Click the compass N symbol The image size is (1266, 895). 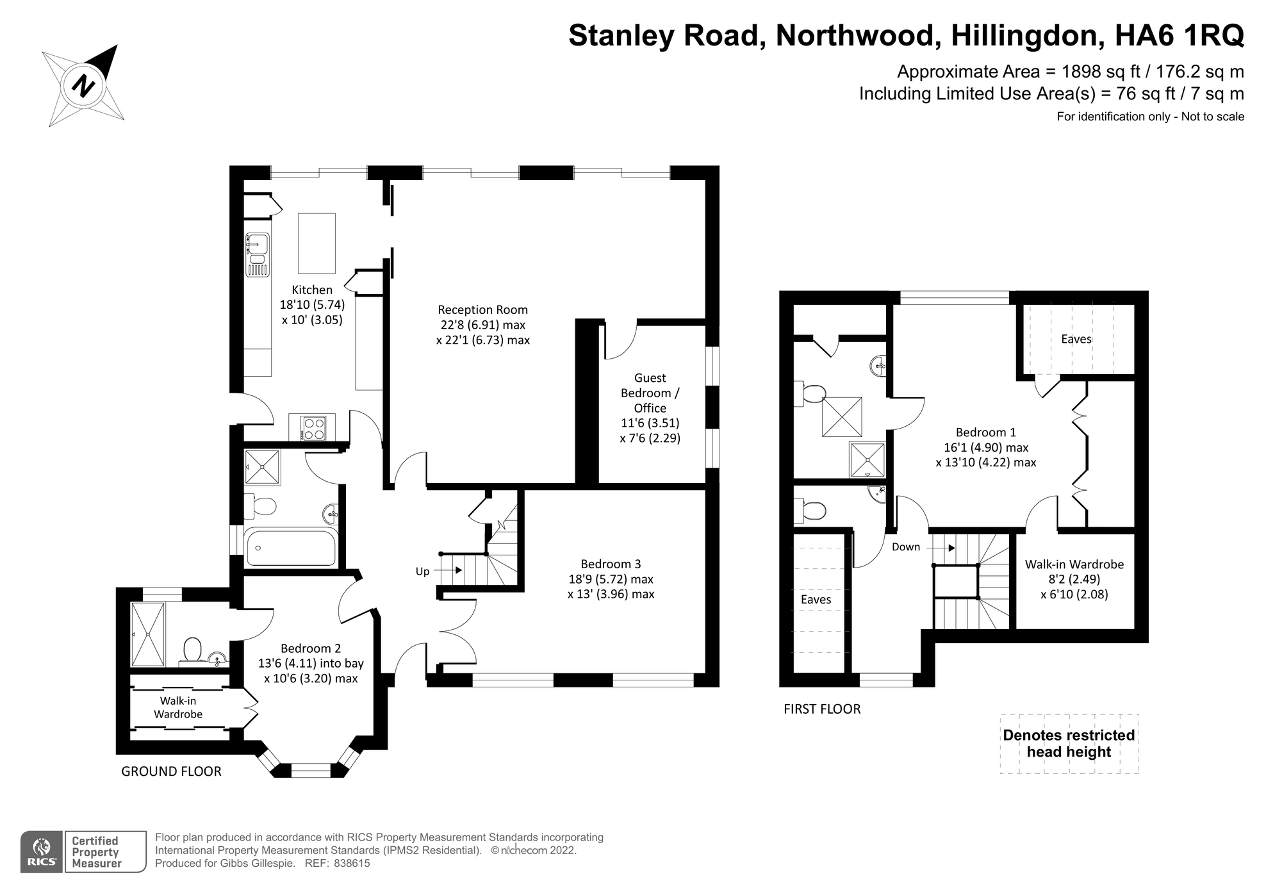coord(83,85)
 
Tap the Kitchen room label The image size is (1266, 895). coord(312,290)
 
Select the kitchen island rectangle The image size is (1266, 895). coord(316,243)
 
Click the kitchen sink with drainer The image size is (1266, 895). coord(258,254)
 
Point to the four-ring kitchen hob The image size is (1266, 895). coord(314,428)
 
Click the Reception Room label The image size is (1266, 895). coord(482,309)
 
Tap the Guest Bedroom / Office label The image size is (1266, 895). coord(650,393)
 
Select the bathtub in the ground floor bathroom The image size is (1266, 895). coord(291,548)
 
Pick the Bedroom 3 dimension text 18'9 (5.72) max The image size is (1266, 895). coord(611,579)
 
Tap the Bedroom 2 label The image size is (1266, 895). coord(311,648)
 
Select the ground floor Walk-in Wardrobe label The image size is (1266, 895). coord(177,707)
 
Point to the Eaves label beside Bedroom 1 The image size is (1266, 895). coord(1076,339)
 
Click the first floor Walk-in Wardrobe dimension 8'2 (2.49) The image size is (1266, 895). coord(1074,579)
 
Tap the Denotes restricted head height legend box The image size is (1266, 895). coord(1069,743)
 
